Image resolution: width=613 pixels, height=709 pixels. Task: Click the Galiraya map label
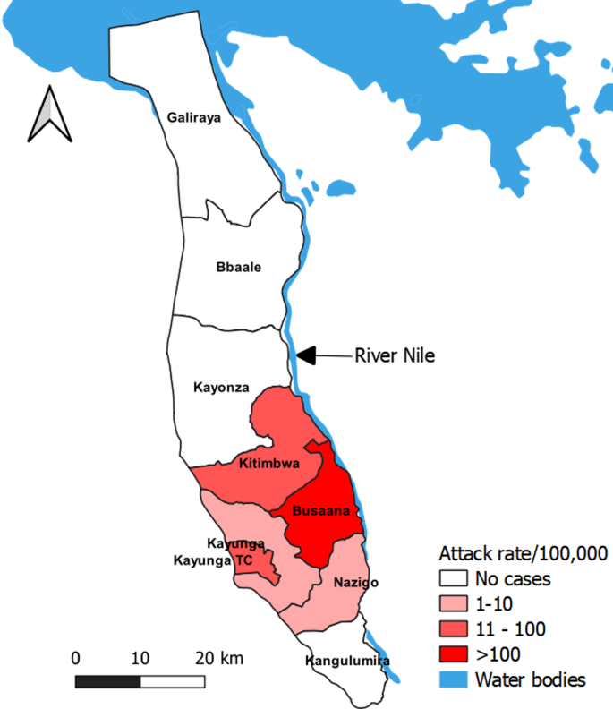(x=194, y=116)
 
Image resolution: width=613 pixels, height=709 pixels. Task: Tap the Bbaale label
(x=239, y=267)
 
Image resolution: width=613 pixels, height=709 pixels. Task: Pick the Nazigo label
(x=355, y=583)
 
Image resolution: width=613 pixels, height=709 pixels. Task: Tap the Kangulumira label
(x=347, y=662)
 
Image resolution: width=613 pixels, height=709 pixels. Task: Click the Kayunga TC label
(x=214, y=560)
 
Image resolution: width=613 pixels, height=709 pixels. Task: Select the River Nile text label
(x=395, y=355)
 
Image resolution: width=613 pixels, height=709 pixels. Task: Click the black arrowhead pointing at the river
(x=306, y=355)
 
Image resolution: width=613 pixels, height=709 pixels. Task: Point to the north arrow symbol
(x=49, y=115)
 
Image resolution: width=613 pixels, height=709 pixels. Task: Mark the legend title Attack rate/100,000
(x=523, y=551)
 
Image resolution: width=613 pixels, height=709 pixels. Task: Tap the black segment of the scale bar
(x=107, y=680)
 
